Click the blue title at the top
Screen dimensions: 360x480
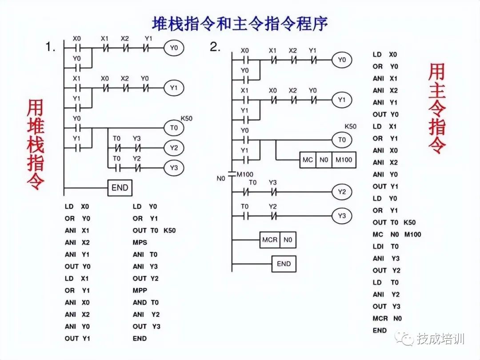tap(240, 23)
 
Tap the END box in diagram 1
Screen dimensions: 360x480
tap(120, 188)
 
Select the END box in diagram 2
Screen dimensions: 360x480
tap(284, 264)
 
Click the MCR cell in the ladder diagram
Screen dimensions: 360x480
tap(270, 240)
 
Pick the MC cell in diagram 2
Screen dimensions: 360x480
tap(308, 160)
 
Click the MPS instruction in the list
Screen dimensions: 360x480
tap(140, 243)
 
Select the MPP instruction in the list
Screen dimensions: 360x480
tap(140, 290)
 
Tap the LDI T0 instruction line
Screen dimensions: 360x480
tap(385, 246)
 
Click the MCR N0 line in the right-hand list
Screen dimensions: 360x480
tap(387, 318)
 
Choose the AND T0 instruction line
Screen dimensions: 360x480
tap(145, 302)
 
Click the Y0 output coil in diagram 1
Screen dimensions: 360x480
tap(174, 48)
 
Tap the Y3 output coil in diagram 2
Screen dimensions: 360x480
tap(341, 216)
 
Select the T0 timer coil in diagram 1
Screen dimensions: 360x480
tap(174, 128)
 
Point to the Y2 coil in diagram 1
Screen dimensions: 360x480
tap(174, 148)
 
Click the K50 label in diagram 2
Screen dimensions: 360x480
tap(350, 126)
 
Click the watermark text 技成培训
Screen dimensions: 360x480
tap(440, 339)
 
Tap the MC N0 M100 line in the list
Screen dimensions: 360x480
tap(396, 234)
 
